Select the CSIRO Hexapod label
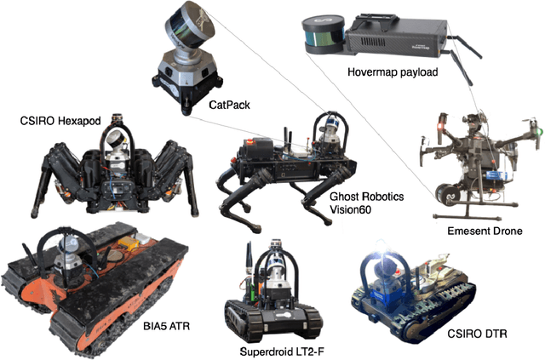(x=62, y=120)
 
